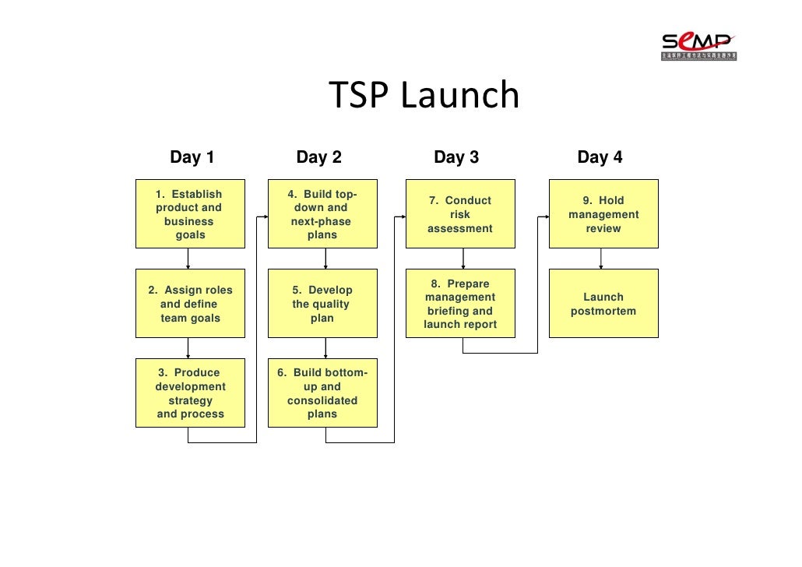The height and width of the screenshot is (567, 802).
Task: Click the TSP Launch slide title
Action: click(x=424, y=96)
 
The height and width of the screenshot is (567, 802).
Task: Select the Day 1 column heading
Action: click(x=192, y=157)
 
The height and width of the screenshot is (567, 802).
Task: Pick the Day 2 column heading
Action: click(x=318, y=157)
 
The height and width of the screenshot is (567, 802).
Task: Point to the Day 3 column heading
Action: click(x=456, y=157)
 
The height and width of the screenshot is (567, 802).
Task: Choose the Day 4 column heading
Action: click(x=600, y=157)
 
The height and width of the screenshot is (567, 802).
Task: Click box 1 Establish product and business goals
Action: click(x=190, y=214)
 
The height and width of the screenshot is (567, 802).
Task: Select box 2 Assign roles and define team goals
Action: click(x=190, y=304)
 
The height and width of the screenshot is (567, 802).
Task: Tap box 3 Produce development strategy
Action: click(x=190, y=393)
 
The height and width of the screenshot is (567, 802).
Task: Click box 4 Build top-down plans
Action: click(x=322, y=214)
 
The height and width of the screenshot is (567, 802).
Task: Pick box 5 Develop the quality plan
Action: click(x=322, y=304)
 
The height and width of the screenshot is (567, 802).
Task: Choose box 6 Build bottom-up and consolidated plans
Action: click(x=322, y=393)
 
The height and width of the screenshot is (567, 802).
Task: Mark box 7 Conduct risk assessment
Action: click(x=460, y=214)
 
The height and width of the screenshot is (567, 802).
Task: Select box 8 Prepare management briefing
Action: click(x=460, y=304)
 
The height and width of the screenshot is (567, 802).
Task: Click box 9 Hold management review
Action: click(x=603, y=214)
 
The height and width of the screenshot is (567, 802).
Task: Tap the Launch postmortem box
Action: click(x=603, y=304)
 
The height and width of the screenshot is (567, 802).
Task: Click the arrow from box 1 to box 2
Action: click(x=188, y=259)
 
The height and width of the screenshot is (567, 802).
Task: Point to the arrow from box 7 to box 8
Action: click(x=463, y=259)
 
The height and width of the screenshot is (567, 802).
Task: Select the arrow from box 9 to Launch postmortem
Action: click(x=600, y=259)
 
